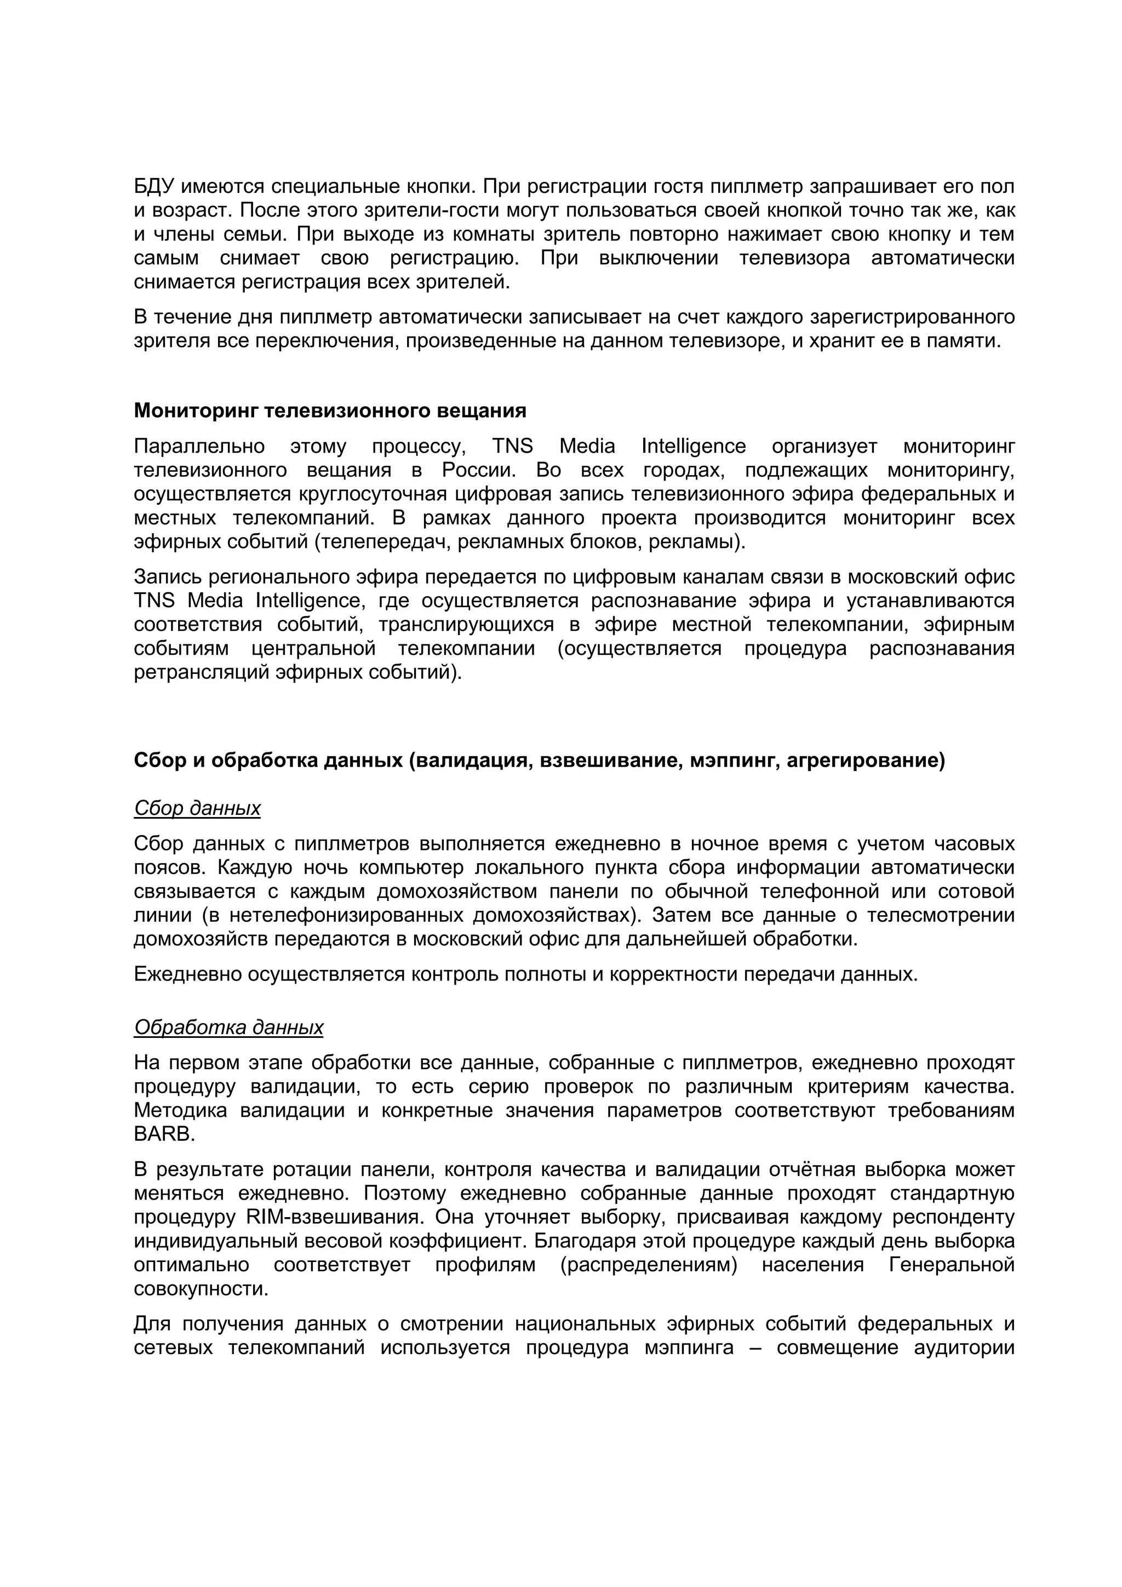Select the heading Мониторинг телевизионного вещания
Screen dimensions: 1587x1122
pyautogui.click(x=330, y=410)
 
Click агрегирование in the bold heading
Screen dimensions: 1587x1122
pyautogui.click(x=865, y=760)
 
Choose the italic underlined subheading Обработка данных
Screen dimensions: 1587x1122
pyautogui.click(x=228, y=1028)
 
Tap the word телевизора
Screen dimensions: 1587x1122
pyautogui.click(x=794, y=259)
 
